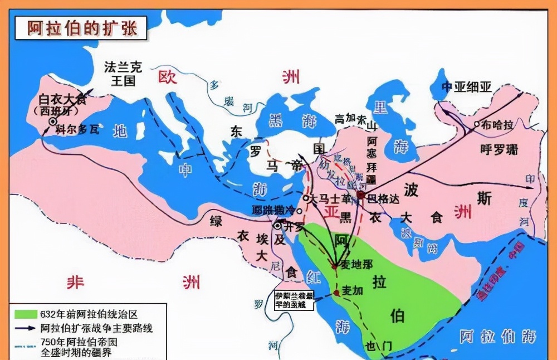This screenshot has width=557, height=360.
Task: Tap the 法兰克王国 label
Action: (x=123, y=74)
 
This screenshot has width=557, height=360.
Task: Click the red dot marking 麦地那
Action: (x=334, y=266)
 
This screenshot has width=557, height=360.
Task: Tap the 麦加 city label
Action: (x=352, y=290)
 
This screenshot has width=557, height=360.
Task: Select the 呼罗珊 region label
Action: (x=498, y=149)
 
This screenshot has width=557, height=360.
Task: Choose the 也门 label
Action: (x=379, y=346)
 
